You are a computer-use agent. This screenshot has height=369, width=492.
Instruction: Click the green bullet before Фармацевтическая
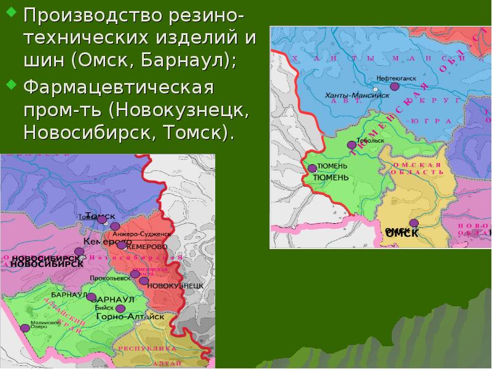[12, 82]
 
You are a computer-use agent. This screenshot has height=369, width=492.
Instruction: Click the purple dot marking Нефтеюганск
[394, 87]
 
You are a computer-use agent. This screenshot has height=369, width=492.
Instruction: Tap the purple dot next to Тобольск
[351, 145]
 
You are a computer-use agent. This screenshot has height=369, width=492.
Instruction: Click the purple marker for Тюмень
[312, 168]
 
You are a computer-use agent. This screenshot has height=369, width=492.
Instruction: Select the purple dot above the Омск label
[414, 223]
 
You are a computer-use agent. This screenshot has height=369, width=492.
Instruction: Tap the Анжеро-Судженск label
[141, 234]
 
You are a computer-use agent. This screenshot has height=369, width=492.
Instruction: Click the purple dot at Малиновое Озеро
[25, 328]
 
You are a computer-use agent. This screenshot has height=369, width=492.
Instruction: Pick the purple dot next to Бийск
[121, 308]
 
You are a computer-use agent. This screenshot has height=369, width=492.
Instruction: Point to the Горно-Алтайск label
[130, 316]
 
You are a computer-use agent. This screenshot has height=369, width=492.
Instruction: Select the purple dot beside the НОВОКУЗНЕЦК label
[144, 281]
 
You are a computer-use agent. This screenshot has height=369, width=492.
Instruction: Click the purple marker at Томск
[102, 220]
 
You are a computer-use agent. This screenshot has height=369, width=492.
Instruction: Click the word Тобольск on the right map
[370, 140]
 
